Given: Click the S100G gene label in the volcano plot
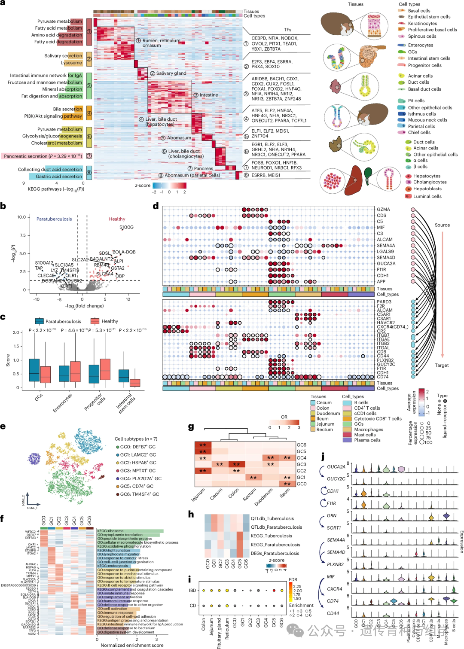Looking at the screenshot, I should pyautogui.click(x=126, y=227).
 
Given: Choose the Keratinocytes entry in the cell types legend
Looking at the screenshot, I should pyautogui.click(x=422, y=24).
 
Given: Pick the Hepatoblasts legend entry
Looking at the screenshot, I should pyautogui.click(x=427, y=189).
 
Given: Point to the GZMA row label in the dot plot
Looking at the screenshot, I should pyautogui.click(x=383, y=210).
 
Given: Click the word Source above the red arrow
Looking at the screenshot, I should pyautogui.click(x=442, y=225).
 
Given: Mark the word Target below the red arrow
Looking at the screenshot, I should pyautogui.click(x=442, y=366).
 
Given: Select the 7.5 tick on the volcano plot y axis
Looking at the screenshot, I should pyautogui.click(x=22, y=235).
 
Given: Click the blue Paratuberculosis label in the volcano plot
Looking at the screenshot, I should pyautogui.click(x=54, y=219).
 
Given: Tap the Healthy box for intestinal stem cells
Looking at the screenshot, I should pyautogui.click(x=135, y=383).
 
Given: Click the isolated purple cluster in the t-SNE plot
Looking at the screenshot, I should pyautogui.click(x=34, y=458).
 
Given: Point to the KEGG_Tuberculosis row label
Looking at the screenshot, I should pyautogui.click(x=271, y=536).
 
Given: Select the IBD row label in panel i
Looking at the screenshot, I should pyautogui.click(x=192, y=591).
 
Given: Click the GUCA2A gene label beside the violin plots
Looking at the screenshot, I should pyautogui.click(x=336, y=467).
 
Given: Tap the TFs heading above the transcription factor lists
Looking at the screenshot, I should pyautogui.click(x=287, y=30).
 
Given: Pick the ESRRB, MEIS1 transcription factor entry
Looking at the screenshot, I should pyautogui.click(x=266, y=175).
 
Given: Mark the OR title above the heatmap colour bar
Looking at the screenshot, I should pyautogui.click(x=284, y=417).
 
